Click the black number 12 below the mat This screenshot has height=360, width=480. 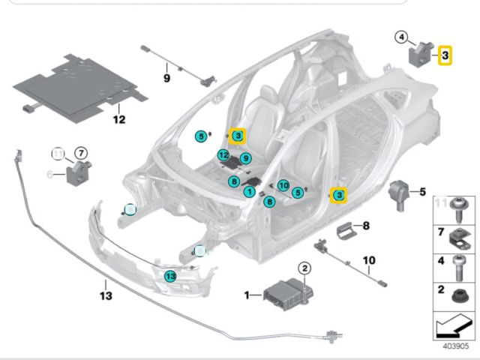coord(119,118)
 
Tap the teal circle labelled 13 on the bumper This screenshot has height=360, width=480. coord(170,277)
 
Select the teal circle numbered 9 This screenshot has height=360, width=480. coord(244,158)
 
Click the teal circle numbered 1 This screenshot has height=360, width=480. coord(248,192)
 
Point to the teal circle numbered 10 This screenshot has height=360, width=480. coord(283,185)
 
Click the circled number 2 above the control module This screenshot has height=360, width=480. coord(304,267)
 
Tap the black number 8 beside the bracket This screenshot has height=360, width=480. coord(366,225)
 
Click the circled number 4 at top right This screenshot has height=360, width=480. coord(402,37)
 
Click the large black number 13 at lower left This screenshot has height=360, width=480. coord(106,295)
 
